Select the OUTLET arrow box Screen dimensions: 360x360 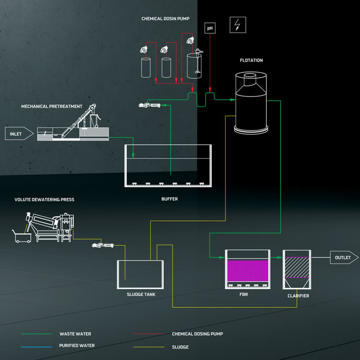click(343, 257)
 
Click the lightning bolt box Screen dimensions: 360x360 click(238, 25)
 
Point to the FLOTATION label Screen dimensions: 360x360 click(251, 61)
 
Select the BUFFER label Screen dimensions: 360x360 click(170, 199)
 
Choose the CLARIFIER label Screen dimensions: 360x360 click(298, 296)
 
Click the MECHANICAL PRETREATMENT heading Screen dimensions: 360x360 click(52, 106)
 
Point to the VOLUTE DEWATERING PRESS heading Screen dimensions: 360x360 click(44, 199)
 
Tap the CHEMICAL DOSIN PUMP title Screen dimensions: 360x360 click(165, 19)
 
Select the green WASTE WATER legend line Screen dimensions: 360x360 click(37, 334)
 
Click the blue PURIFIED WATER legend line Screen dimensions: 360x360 click(37, 346)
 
